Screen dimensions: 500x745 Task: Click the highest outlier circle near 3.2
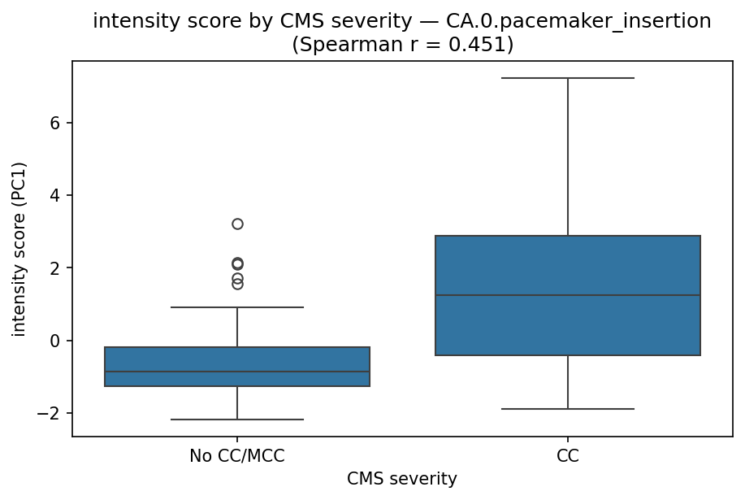click(237, 224)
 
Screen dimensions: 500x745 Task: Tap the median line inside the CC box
click(567, 295)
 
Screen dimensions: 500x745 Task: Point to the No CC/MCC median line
click(237, 372)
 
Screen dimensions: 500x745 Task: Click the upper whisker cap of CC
click(567, 78)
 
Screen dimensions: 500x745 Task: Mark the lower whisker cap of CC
click(567, 409)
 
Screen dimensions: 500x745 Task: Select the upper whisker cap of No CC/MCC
click(237, 307)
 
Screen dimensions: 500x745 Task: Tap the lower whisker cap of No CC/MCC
click(237, 420)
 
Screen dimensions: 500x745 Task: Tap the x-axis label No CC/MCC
click(237, 456)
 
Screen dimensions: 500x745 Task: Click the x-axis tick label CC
click(567, 456)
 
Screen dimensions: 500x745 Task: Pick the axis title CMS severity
click(402, 479)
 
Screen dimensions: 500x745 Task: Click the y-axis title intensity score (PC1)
click(19, 250)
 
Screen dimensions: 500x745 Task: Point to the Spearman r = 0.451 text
click(402, 45)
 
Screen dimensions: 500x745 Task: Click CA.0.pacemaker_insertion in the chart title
click(578, 22)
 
